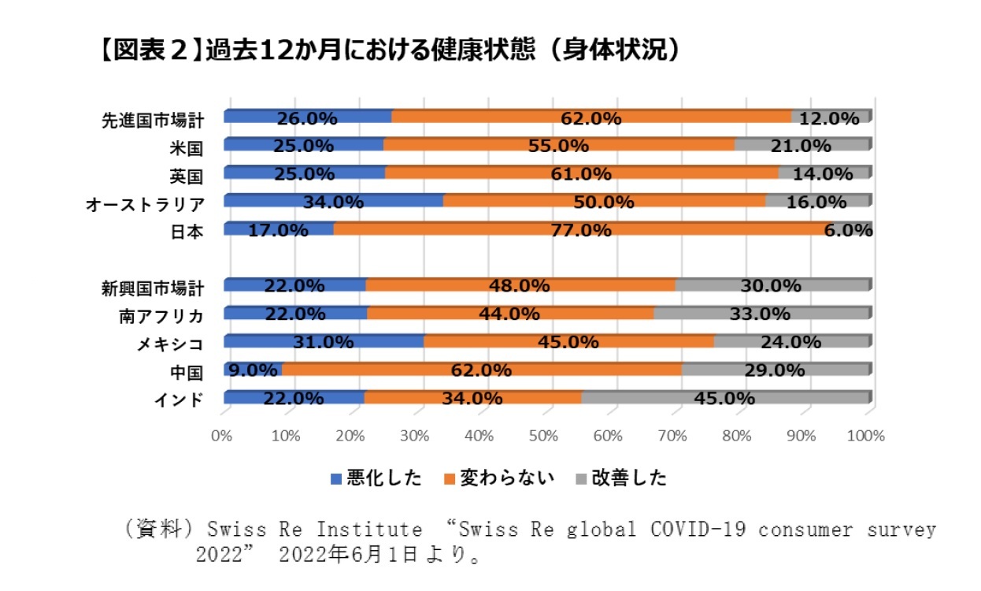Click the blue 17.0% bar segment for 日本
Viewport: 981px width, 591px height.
279,229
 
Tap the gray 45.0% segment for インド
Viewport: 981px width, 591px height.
724,398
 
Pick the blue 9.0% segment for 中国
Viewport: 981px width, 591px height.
253,370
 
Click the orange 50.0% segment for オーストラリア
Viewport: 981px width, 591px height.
604,201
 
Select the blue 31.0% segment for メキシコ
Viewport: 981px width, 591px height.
324,341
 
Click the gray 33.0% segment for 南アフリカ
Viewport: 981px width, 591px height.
761,313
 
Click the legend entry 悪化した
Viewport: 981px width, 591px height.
376,478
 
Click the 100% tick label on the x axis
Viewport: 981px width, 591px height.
866,435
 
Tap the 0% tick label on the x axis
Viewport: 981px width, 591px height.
223,435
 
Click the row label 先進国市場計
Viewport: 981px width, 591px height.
154,120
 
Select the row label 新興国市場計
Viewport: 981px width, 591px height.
154,287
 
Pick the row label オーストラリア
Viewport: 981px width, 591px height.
146,204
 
